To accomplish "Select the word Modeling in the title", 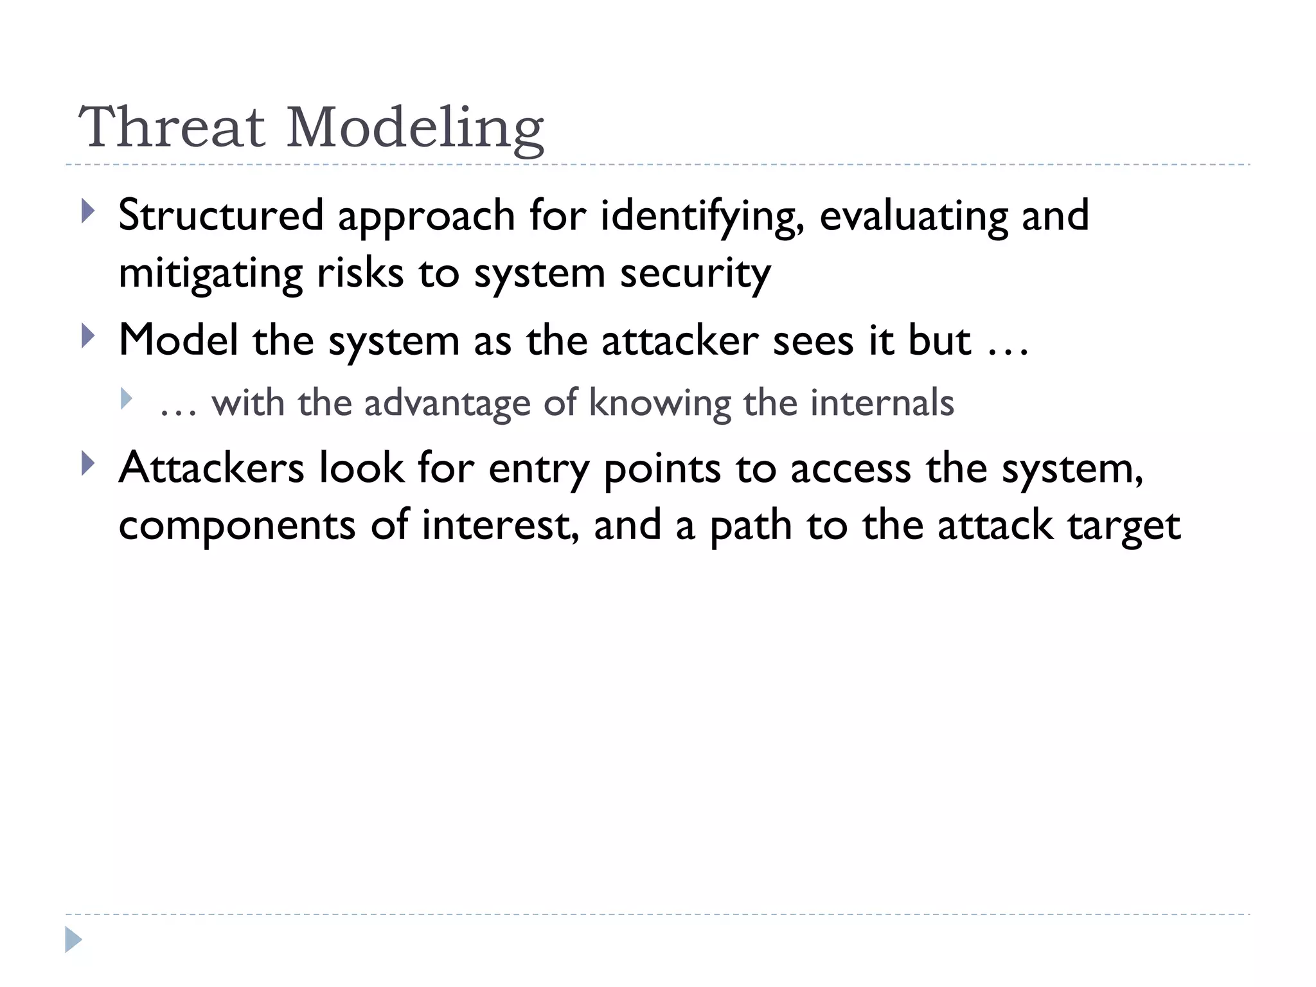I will tap(415, 129).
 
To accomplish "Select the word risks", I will tap(360, 273).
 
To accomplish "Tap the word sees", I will tap(813, 341).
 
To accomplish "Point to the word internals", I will tap(882, 403).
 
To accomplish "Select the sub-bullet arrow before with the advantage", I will tap(126, 399).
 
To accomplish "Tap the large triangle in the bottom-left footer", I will tap(73, 940).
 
